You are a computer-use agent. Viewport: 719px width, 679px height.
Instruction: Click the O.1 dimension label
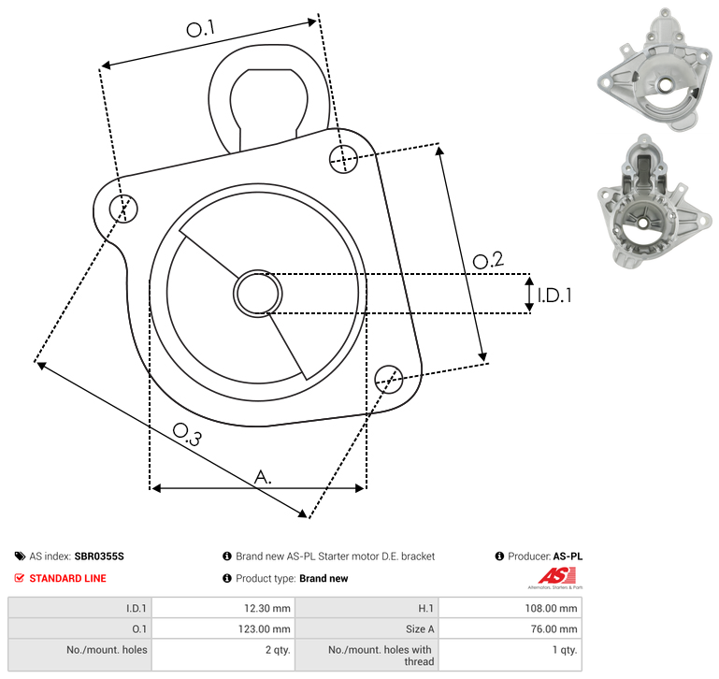(201, 28)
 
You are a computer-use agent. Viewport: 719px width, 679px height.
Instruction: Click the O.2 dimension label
(488, 260)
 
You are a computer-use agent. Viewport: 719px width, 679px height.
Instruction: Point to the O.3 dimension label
(187, 434)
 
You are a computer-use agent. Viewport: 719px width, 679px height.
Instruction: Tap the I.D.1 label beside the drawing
(554, 296)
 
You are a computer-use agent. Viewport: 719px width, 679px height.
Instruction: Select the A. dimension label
(263, 477)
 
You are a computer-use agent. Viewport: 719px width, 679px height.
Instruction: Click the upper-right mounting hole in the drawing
(343, 159)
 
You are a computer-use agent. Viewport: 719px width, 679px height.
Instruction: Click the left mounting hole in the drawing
(123, 209)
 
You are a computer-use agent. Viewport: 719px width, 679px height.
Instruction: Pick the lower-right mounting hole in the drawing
(389, 379)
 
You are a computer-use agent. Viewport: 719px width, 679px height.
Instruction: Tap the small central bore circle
(258, 294)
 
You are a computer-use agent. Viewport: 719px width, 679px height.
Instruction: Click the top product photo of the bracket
(654, 69)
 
